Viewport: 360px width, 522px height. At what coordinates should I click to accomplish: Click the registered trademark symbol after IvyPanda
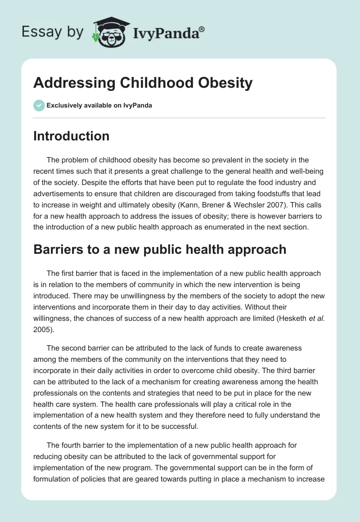pyautogui.click(x=202, y=29)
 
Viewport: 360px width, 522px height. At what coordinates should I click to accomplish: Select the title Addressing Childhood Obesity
pyautogui.click(x=143, y=83)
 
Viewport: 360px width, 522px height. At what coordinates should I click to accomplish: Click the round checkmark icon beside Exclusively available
pyautogui.click(x=39, y=105)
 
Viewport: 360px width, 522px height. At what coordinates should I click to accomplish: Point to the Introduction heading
pyautogui.click(x=71, y=136)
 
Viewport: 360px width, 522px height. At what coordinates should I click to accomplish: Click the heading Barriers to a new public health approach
pyautogui.click(x=160, y=249)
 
